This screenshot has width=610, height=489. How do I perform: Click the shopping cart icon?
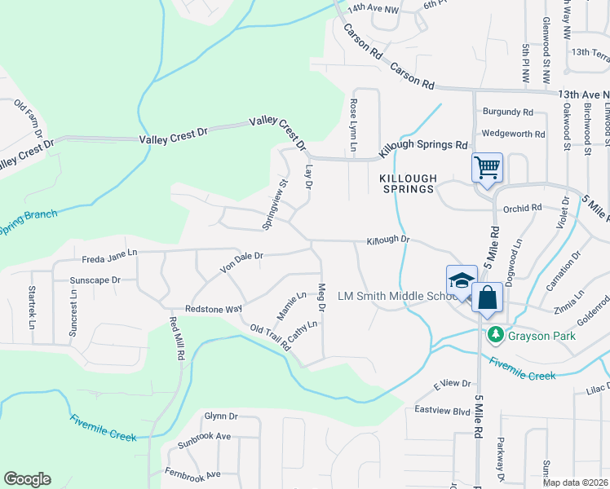(x=487, y=169)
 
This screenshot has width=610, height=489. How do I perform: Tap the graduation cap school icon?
(x=461, y=280)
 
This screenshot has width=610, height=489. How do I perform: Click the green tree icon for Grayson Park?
(x=494, y=334)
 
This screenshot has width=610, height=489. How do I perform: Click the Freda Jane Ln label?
(x=109, y=260)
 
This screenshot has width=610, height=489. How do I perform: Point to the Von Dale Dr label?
(x=241, y=262)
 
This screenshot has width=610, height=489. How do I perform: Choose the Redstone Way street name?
(x=214, y=309)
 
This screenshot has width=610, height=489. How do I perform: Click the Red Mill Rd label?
(x=176, y=339)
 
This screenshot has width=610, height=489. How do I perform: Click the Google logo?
(x=27, y=479)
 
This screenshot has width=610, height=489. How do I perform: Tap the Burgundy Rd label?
(x=507, y=112)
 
